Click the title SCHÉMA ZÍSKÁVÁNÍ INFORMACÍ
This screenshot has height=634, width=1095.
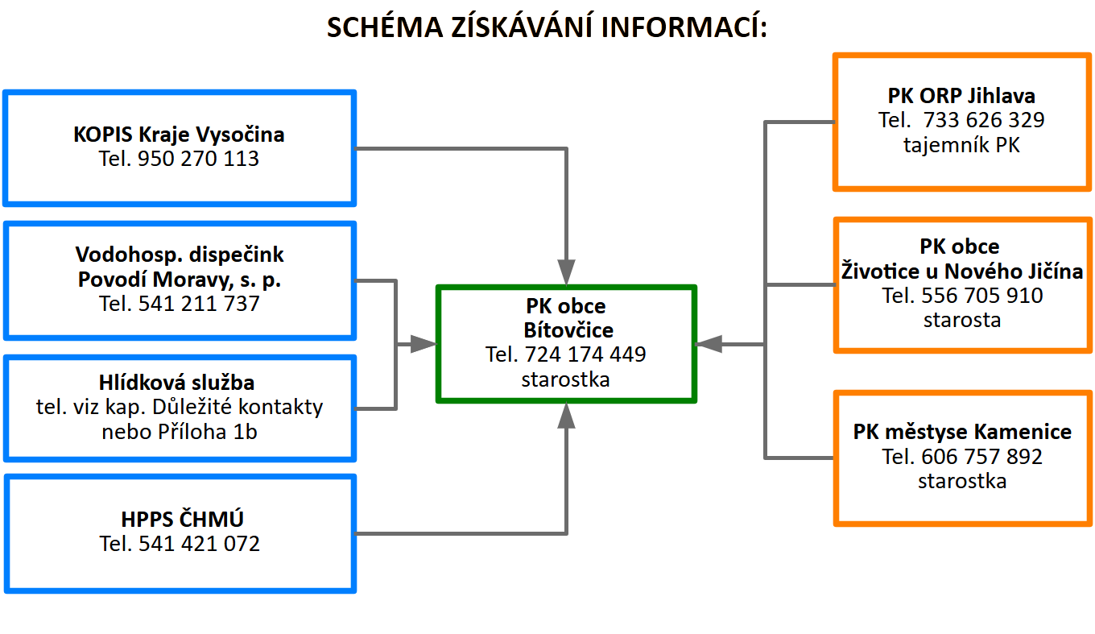(547, 27)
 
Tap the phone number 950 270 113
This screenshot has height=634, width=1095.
(198, 159)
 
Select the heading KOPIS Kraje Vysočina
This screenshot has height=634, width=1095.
(179, 135)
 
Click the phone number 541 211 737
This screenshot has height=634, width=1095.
(199, 303)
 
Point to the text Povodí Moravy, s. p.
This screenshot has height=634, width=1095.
(180, 280)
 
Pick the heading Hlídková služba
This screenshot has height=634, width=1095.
(176, 382)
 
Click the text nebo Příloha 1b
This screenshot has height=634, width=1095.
(180, 432)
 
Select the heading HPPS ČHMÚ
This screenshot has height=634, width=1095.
(182, 519)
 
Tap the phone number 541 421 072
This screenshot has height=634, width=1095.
(199, 544)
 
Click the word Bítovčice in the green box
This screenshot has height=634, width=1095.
(568, 329)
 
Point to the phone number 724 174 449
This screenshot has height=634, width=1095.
(585, 354)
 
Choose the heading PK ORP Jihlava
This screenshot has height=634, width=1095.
(961, 95)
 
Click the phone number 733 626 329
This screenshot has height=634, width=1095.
(984, 120)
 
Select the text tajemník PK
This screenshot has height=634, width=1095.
(961, 145)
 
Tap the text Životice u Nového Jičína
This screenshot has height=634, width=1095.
(962, 271)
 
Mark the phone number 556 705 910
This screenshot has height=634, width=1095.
(982, 296)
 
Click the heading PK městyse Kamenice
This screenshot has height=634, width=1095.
(962, 432)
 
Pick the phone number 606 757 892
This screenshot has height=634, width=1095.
(982, 457)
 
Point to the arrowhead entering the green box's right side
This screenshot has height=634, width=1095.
(709, 344)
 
